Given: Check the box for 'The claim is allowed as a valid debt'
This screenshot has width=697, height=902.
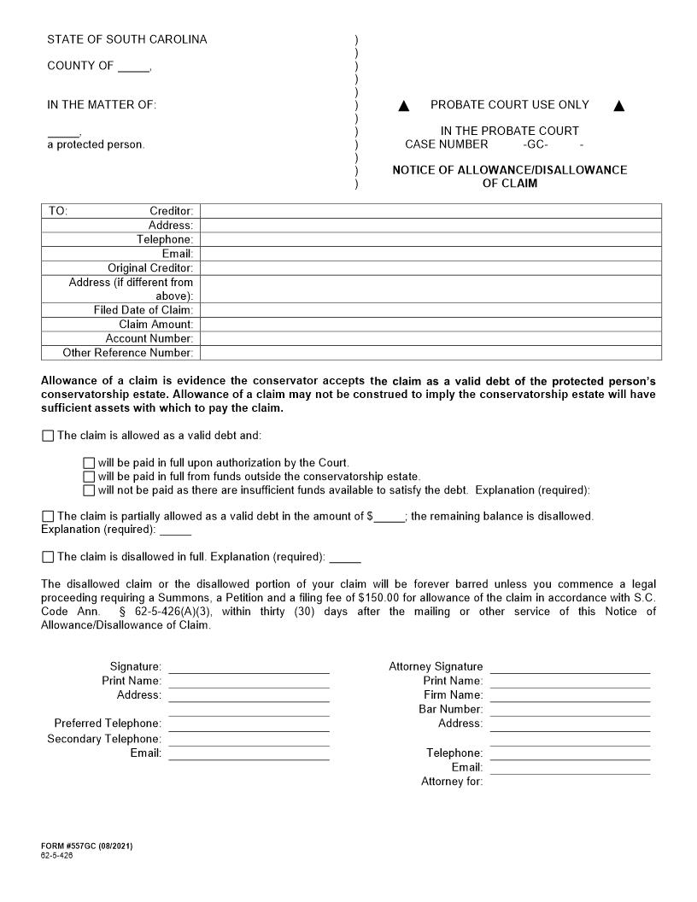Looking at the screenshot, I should [47, 436].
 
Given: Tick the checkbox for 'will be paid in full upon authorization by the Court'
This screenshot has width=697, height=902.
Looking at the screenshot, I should [89, 463].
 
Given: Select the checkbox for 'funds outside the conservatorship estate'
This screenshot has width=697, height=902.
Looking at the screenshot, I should [89, 477].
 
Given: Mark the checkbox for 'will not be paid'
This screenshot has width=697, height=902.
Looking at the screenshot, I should [89, 490].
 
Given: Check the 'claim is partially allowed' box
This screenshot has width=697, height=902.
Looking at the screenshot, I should [47, 517].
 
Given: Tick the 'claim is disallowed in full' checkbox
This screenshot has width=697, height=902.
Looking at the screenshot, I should [47, 557].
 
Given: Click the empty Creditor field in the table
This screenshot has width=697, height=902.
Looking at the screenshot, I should [430, 211].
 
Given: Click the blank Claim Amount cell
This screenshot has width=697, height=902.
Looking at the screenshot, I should [430, 325].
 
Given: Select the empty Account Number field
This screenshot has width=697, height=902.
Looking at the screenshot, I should [430, 338].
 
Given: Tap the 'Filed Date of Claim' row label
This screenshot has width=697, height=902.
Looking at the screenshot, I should [143, 310].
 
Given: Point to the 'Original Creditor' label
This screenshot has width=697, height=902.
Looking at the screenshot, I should [149, 268].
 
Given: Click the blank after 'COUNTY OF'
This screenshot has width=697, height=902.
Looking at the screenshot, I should [133, 67].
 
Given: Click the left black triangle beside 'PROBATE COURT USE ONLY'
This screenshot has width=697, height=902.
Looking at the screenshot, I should [404, 106].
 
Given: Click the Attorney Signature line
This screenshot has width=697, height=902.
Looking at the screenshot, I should [570, 668].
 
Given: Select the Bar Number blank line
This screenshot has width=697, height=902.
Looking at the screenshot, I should [570, 710].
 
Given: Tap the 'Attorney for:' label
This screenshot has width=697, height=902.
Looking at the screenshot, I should [451, 782].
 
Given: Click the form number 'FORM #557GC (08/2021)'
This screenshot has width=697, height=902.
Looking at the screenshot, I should [86, 846].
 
